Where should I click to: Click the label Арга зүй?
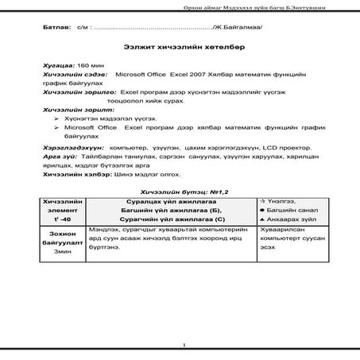(x=59, y=158)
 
